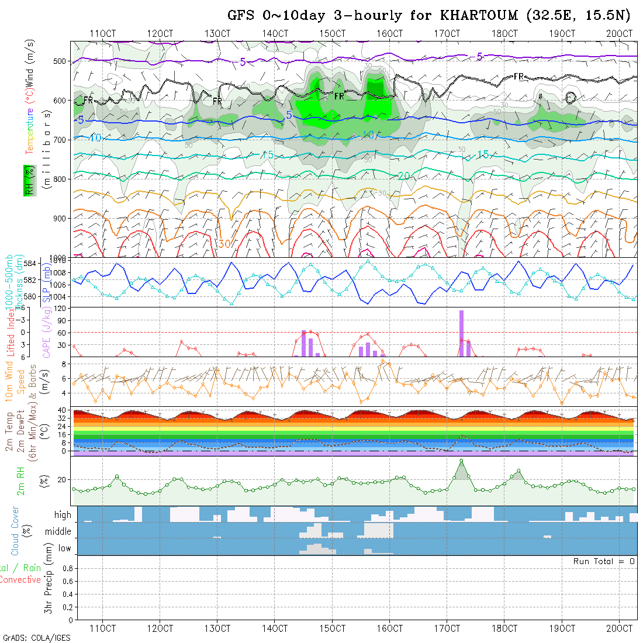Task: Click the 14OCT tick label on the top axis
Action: pos(275,33)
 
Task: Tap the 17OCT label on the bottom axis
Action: pos(447,628)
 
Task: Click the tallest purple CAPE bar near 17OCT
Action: pos(461,333)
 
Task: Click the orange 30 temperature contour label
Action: pos(224,243)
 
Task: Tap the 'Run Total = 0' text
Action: pos(604,561)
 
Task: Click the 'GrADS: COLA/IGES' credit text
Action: pos(36,638)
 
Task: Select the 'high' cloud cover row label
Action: pos(63,515)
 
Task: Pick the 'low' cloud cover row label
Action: pos(64,548)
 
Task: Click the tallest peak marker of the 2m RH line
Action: pos(461,461)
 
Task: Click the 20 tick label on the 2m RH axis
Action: pos(64,479)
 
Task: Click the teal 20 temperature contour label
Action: pos(403,176)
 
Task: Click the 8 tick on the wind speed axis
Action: pos(67,364)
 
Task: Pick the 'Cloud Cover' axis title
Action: pos(15,531)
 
